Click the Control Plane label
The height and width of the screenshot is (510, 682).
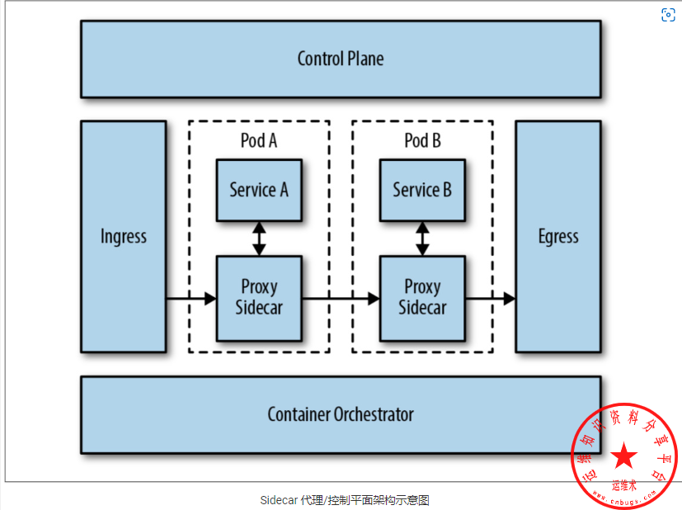pos(341,59)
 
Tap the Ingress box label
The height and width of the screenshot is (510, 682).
pos(124,237)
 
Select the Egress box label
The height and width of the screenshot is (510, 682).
pos(558,237)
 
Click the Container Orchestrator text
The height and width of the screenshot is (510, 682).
pos(341,414)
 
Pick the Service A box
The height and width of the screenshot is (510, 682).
pos(259,190)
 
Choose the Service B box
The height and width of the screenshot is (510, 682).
pos(422,190)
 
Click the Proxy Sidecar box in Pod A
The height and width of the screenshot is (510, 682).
pos(259,298)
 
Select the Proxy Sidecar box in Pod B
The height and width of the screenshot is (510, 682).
pos(422,298)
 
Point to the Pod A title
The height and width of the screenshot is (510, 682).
pos(259,141)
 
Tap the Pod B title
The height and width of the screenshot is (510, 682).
pos(422,141)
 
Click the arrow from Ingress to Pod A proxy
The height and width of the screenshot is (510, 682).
pos(190,298)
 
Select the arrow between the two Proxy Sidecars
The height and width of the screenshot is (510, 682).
pos(340,298)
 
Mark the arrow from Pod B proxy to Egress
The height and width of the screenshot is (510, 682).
pos(490,298)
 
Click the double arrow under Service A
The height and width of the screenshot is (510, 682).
pos(259,238)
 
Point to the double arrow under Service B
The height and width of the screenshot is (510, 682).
pos(422,238)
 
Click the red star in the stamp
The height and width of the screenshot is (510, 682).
pos(624,455)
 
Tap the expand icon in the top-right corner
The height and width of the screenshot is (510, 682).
pos(669,15)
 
